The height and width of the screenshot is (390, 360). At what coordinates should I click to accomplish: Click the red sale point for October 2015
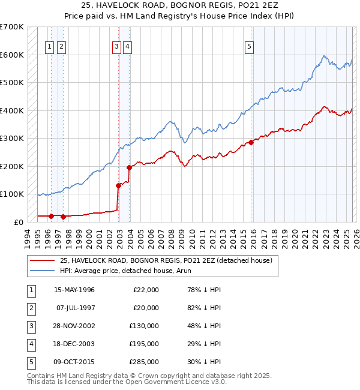(250, 142)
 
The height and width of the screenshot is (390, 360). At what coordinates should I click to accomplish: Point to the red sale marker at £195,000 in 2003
(129, 167)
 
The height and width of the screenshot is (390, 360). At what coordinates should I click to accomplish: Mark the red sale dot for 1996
(52, 216)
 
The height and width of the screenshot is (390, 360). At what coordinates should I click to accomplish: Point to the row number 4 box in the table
(30, 344)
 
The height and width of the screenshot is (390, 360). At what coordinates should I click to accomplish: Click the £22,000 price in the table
(145, 290)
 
